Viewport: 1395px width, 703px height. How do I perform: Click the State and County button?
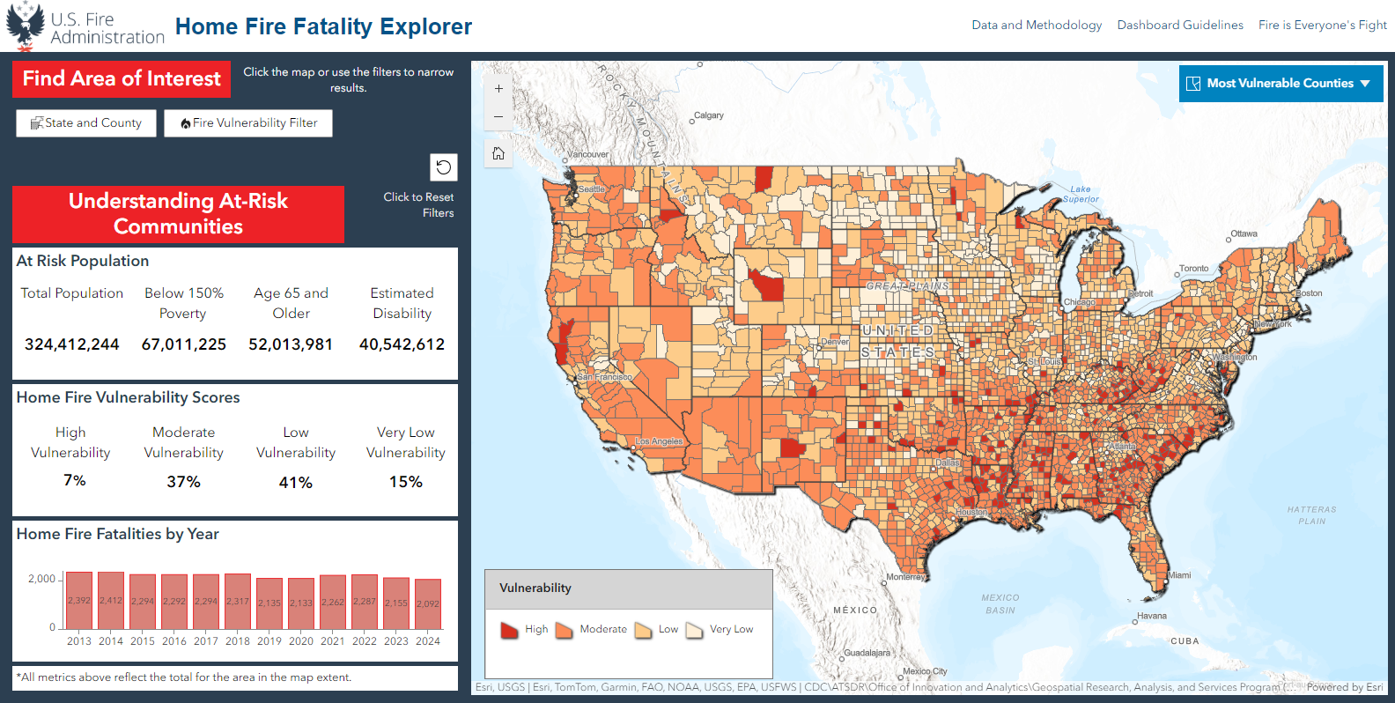coord(86,123)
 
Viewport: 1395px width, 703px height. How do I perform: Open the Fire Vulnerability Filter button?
coord(248,123)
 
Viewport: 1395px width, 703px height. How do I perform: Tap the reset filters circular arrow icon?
coord(444,166)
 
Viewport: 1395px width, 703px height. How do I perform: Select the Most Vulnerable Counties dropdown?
coord(1281,84)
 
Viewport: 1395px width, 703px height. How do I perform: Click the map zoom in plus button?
coord(498,89)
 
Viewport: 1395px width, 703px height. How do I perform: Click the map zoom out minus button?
coord(498,116)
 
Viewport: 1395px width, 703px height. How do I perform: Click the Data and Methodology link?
coord(1037,25)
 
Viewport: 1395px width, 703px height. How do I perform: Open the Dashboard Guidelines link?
coord(1180,25)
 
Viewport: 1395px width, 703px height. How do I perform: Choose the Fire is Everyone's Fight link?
coord(1322,25)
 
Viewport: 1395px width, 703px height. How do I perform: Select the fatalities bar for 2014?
coord(111,601)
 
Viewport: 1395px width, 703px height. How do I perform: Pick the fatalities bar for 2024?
coord(428,603)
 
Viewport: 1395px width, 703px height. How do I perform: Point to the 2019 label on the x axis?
coord(269,641)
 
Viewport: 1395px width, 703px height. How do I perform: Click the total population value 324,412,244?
coord(72,344)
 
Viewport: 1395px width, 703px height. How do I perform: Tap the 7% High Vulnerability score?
coord(75,481)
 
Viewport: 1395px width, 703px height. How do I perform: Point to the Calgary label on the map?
coord(709,115)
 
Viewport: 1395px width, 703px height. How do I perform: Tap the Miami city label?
coord(1179,575)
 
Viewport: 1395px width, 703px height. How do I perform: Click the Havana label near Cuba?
coord(1152,616)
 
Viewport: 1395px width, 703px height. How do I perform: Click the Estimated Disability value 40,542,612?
coord(402,344)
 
